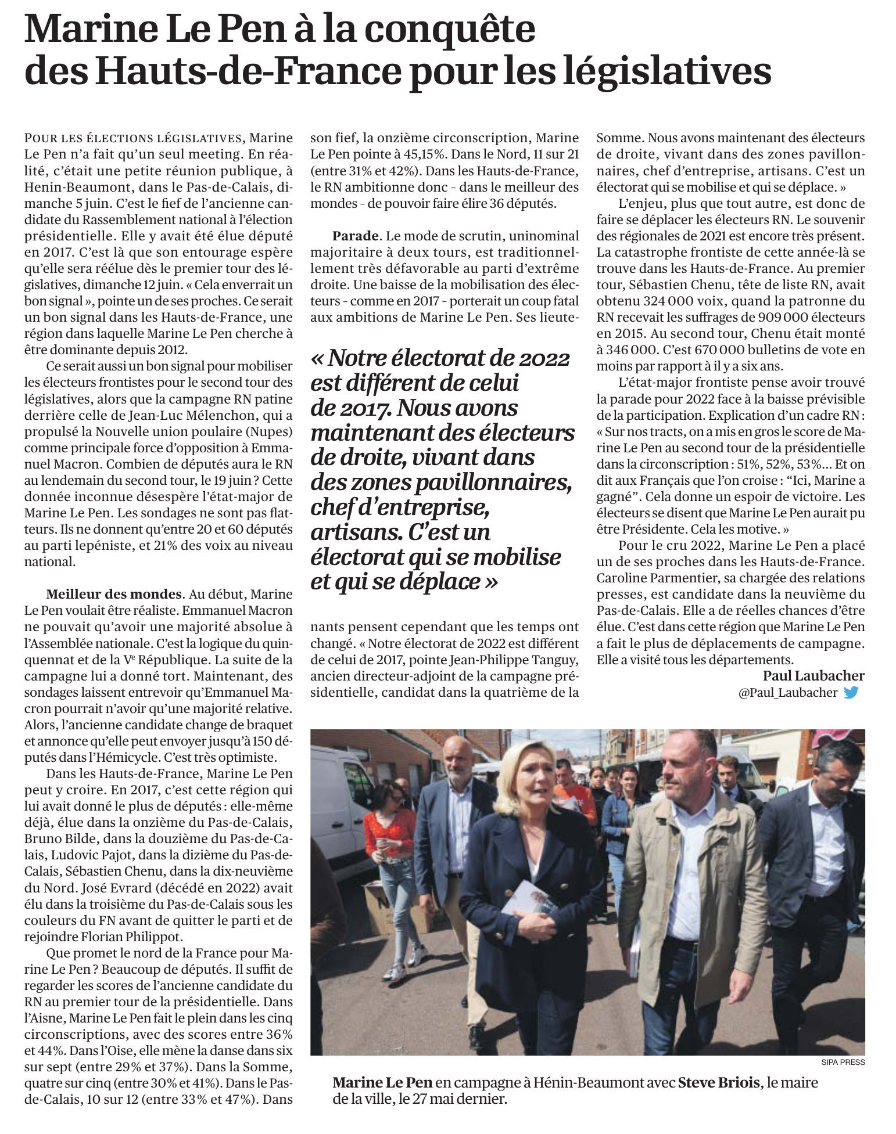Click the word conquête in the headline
click(x=460, y=30)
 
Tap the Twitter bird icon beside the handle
click(x=851, y=692)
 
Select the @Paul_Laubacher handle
click(x=787, y=693)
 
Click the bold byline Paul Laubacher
click(x=813, y=676)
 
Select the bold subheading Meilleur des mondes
click(x=114, y=595)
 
